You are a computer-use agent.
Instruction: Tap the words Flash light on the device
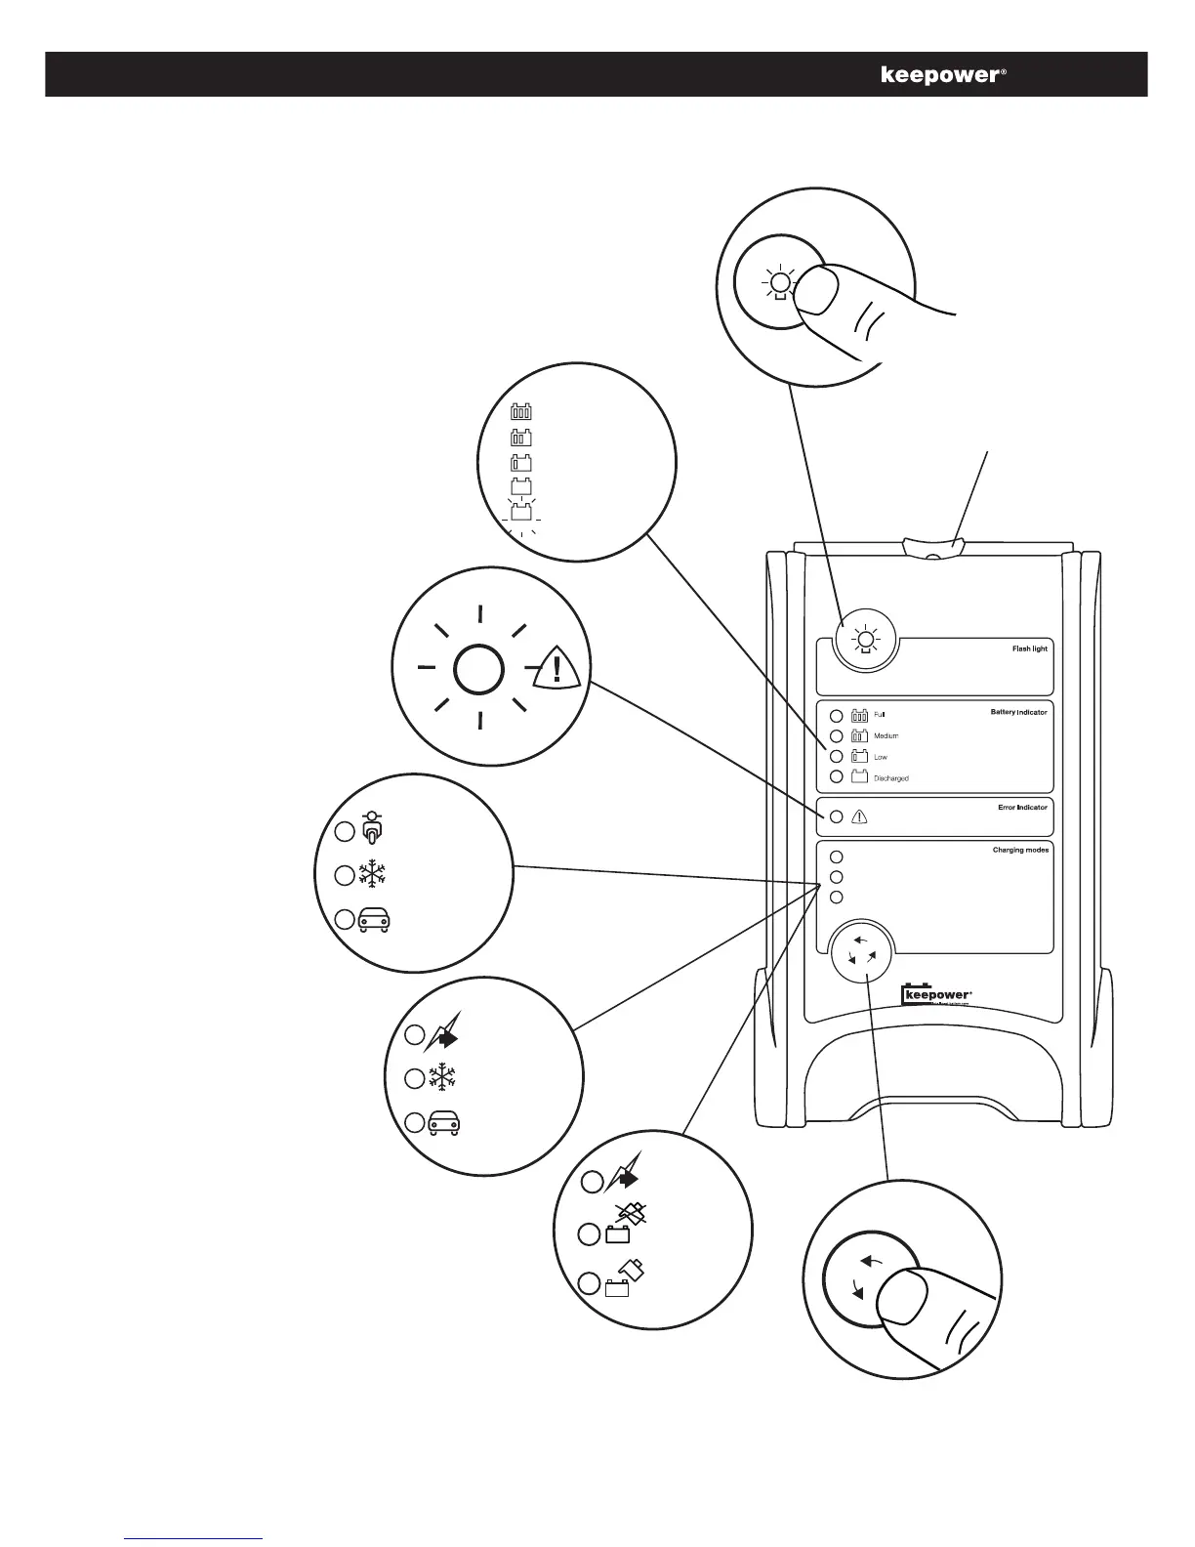(x=1029, y=648)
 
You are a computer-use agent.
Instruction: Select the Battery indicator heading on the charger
(x=1018, y=712)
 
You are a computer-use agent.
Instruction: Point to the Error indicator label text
(x=1022, y=808)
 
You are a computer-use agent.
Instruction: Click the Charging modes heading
(x=1021, y=851)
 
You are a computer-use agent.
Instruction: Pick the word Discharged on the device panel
(x=890, y=778)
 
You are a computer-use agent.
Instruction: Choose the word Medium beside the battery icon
(x=886, y=735)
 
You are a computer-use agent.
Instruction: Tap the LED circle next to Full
(x=835, y=714)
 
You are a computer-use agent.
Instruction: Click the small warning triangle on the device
(x=860, y=817)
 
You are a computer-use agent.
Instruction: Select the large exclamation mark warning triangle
(x=557, y=669)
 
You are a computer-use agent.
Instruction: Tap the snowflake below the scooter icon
(x=372, y=874)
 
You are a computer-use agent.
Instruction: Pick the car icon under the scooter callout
(x=374, y=920)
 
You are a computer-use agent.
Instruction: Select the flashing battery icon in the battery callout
(x=521, y=512)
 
